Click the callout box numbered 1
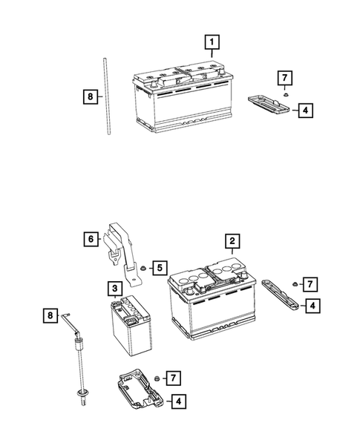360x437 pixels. (213, 43)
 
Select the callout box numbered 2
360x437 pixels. (232, 241)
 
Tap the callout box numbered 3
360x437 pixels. (116, 288)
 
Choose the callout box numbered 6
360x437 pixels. (89, 238)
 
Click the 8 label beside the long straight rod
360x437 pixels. (89, 96)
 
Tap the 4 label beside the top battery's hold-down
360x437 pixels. (305, 111)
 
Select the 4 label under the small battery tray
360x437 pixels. (178, 401)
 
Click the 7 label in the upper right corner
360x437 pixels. (283, 77)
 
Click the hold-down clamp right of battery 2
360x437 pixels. (280, 295)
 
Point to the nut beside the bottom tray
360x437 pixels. (157, 380)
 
